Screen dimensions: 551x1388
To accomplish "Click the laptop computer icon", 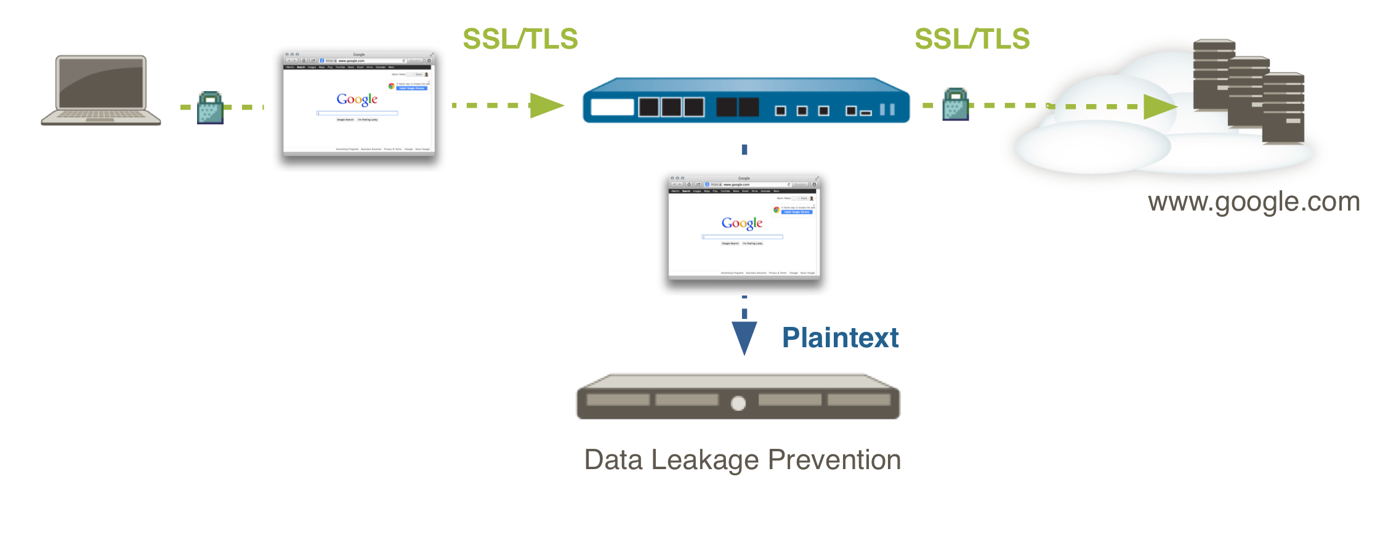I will [x=101, y=90].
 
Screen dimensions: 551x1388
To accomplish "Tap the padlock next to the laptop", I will [x=210, y=108].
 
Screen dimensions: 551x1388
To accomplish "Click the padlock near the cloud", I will [x=956, y=105].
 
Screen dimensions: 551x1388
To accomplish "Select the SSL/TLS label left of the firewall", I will [x=520, y=39].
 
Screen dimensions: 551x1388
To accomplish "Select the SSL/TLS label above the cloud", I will [x=972, y=39].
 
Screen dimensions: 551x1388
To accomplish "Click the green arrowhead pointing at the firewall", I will [x=546, y=105].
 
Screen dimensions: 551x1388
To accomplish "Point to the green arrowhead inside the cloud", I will [x=1159, y=107].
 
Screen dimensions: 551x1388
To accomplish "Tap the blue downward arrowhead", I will [x=744, y=337].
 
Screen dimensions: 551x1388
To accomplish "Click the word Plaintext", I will [x=840, y=338].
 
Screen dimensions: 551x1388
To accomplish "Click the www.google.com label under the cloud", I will [x=1254, y=202].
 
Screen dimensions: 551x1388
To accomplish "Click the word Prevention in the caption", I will [x=834, y=460].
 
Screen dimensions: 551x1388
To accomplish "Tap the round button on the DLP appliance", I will [x=738, y=403].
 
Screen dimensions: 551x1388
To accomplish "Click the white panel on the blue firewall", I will [x=612, y=107].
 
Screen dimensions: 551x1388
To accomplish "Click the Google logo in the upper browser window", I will [x=357, y=99].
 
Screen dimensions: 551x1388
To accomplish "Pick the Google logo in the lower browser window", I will [x=742, y=223].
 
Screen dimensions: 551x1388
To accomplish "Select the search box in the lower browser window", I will [x=742, y=236].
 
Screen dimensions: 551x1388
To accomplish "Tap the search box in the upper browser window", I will [x=357, y=113].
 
